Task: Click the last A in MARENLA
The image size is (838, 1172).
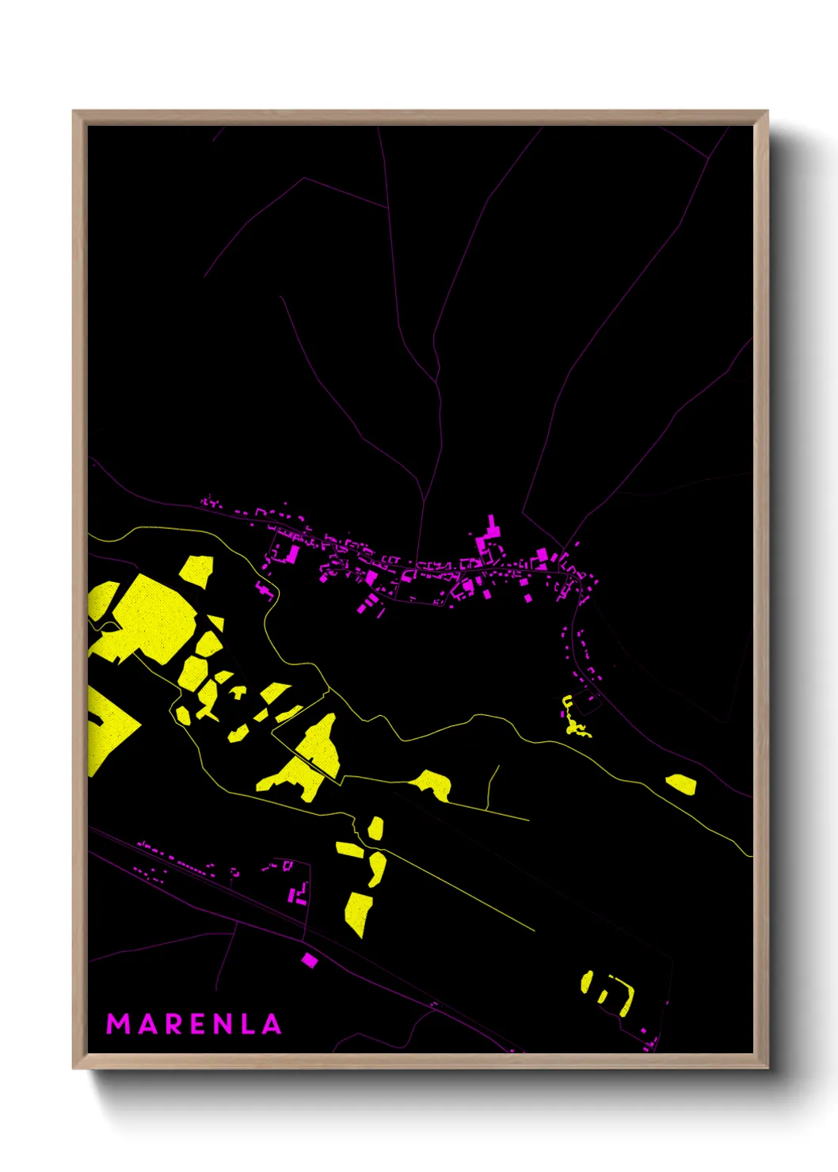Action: click(272, 1024)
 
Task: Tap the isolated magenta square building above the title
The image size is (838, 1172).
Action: click(309, 961)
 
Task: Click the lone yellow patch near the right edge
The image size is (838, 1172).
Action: click(681, 784)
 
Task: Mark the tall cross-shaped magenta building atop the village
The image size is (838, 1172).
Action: click(492, 532)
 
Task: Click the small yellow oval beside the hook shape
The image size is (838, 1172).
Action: click(587, 982)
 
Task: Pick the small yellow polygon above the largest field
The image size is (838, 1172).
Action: click(196, 570)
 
